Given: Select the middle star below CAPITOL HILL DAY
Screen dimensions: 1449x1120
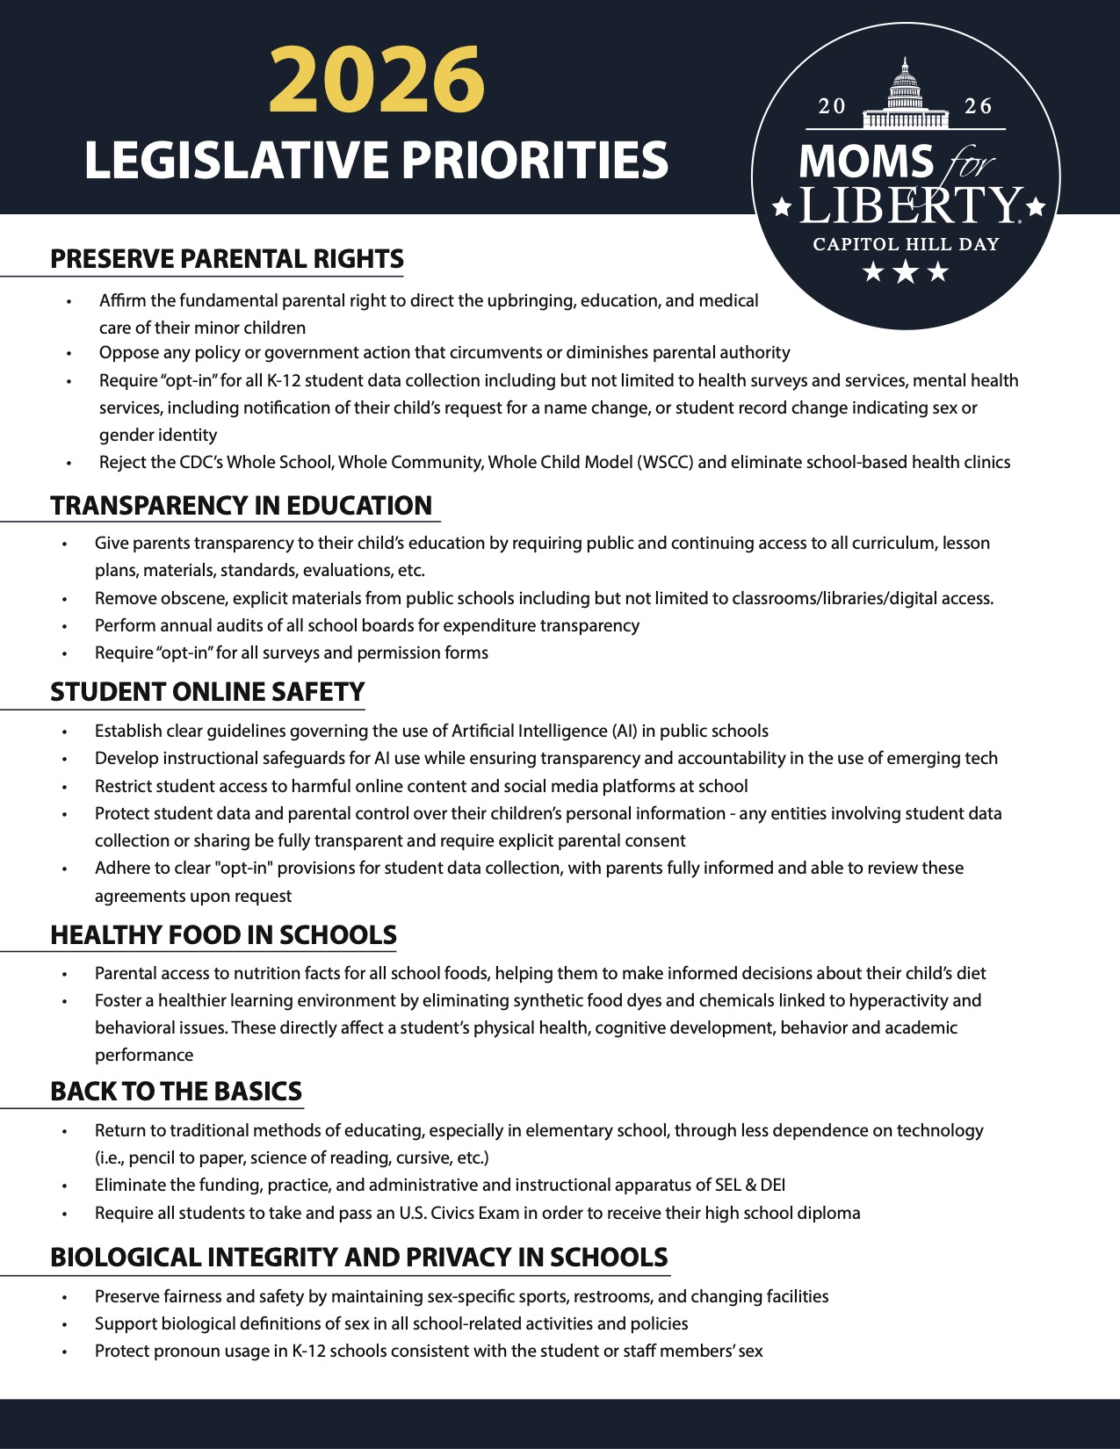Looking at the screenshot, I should (905, 272).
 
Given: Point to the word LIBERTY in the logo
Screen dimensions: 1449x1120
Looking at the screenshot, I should (908, 206).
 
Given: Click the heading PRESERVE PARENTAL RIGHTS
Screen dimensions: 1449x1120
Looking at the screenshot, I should (227, 260).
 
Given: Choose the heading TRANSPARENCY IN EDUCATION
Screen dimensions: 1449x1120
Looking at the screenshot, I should (241, 506).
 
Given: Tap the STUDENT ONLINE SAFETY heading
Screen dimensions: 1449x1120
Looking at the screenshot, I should (207, 692).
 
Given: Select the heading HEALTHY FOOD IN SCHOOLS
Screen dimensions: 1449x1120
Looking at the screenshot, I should (223, 935).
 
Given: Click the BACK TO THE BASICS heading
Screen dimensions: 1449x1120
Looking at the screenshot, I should (176, 1092).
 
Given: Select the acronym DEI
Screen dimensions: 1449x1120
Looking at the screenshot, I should (772, 1186).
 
